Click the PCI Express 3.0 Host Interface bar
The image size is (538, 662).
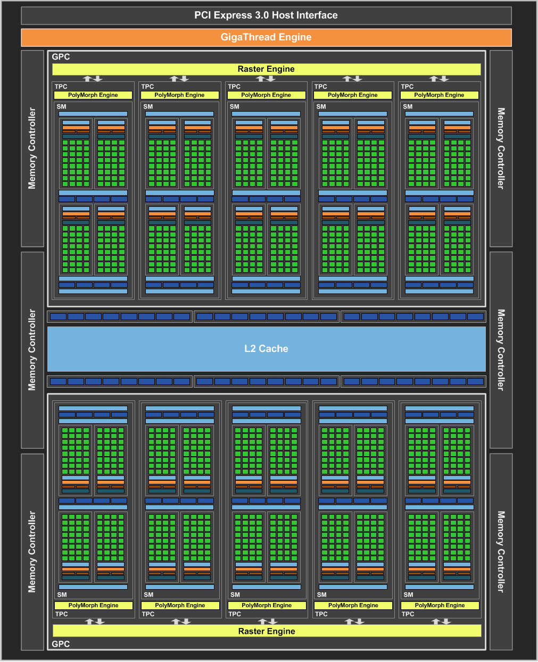pos(266,15)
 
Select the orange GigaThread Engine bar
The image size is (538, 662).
pos(266,37)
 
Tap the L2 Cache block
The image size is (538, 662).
pos(266,349)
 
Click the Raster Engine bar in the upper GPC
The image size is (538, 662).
pos(266,69)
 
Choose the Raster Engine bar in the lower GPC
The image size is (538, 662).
pos(267,631)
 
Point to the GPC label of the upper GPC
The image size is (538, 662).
pos(61,57)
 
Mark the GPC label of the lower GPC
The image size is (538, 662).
pos(61,644)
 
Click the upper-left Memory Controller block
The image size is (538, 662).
pos(32,148)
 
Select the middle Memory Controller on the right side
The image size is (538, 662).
pos(501,350)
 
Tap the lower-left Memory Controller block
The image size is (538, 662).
pos(32,551)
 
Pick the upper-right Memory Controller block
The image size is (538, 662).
pos(501,148)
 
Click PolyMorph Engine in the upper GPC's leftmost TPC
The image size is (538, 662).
pos(93,95)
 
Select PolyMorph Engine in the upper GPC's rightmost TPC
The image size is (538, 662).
pos(439,95)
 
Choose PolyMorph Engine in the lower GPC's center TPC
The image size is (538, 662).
pos(267,605)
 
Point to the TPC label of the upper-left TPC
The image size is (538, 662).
pos(61,87)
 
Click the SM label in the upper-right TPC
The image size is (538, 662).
pos(408,106)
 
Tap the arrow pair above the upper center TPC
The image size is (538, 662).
pos(266,79)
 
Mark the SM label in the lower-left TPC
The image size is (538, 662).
pos(62,594)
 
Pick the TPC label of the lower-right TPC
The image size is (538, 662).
pos(408,614)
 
